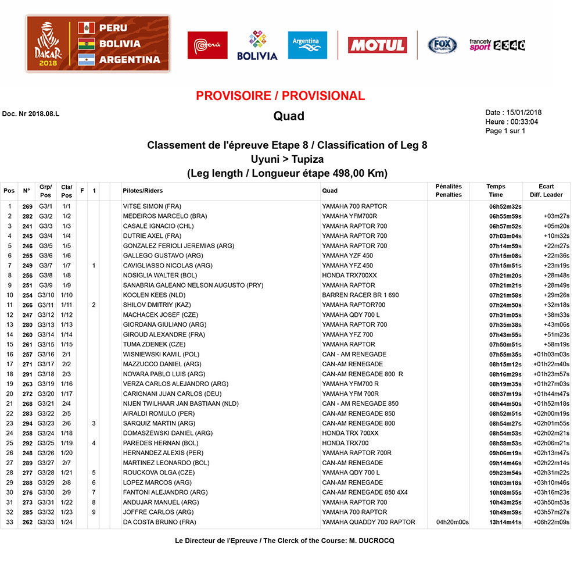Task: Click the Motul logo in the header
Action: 377,45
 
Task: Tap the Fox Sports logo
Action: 442,45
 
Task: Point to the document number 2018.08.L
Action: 31,113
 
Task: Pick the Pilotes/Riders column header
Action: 143,191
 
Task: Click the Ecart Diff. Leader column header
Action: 546,191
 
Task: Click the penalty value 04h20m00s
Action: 452,523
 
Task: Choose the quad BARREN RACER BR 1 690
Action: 360,295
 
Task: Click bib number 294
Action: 27,424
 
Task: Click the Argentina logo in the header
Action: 307,45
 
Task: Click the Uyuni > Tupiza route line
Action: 286,159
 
